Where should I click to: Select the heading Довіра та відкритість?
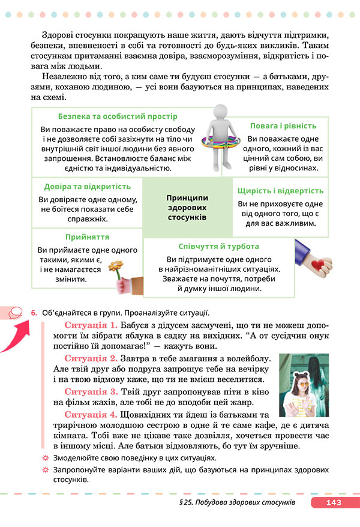88,186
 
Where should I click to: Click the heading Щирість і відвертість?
281,190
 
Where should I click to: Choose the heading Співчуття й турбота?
219,247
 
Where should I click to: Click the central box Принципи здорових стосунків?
188,207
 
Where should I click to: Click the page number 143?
333,503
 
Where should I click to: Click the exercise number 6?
34,312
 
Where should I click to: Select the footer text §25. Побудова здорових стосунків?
236,503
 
